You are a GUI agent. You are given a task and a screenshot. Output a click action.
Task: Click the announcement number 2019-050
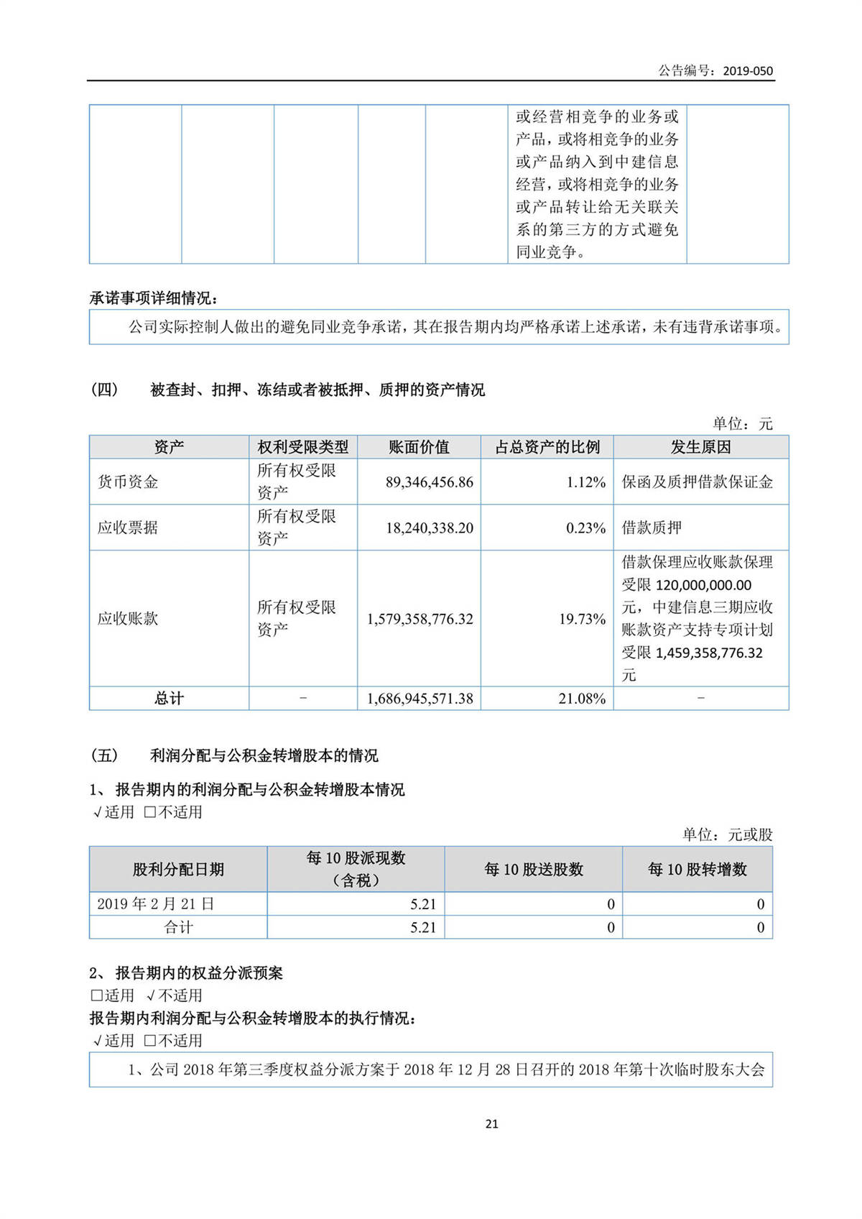click(x=748, y=70)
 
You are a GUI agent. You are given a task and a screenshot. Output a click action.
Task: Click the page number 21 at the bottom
click(x=492, y=1123)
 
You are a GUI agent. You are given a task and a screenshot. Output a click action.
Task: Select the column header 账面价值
click(x=419, y=447)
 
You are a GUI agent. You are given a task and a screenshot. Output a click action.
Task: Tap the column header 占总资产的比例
click(x=547, y=447)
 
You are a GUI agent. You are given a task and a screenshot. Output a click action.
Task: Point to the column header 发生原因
click(x=700, y=447)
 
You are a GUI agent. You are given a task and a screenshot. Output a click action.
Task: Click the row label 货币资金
click(x=128, y=482)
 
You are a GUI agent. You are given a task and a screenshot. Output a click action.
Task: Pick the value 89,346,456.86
click(x=429, y=482)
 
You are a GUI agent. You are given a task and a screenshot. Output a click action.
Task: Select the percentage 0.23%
click(x=585, y=528)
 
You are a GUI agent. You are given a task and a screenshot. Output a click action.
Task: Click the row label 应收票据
click(x=128, y=528)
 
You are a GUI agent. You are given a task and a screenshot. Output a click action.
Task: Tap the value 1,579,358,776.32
click(x=420, y=619)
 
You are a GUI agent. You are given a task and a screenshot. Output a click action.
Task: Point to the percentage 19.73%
click(x=582, y=619)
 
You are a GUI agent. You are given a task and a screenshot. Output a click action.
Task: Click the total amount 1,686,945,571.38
click(x=420, y=698)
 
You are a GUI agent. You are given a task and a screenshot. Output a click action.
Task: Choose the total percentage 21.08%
click(x=582, y=698)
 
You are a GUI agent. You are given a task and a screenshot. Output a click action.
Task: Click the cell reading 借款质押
click(x=652, y=528)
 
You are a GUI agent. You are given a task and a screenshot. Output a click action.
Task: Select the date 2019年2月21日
click(x=156, y=903)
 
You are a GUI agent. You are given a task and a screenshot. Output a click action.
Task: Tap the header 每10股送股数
click(x=533, y=869)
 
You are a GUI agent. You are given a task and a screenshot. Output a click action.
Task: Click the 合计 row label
click(x=178, y=927)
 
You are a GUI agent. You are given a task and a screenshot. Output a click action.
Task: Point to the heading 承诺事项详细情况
click(x=153, y=298)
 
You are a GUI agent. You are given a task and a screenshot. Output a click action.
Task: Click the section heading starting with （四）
click(x=287, y=390)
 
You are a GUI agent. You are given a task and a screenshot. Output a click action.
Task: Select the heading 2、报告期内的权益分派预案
click(x=186, y=973)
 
